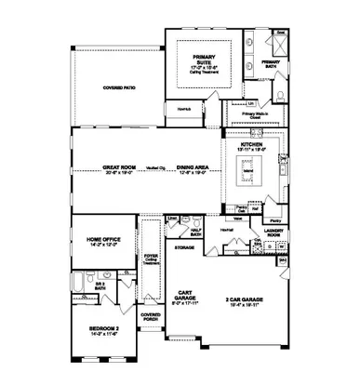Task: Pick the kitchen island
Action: (x=248, y=173)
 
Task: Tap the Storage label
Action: (x=184, y=248)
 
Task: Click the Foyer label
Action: (x=150, y=258)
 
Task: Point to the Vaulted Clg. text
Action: (x=155, y=169)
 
